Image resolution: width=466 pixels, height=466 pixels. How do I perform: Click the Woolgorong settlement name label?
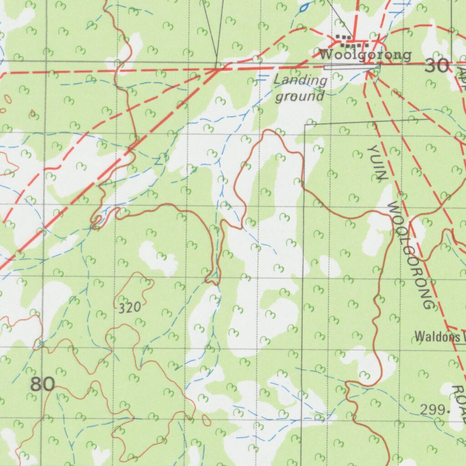point(365,55)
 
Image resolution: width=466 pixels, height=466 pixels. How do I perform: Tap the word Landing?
point(300,81)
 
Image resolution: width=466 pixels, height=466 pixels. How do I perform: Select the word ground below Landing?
point(300,96)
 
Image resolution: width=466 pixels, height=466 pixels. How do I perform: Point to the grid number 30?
point(436,67)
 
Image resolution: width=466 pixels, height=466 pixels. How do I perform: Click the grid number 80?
point(43,385)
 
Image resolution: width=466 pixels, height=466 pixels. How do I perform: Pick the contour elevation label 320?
point(130,308)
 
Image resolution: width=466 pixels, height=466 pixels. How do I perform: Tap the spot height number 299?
point(432,410)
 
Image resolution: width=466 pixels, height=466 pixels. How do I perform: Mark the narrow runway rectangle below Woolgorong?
point(351,67)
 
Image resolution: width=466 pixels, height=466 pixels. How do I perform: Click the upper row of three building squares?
point(343,37)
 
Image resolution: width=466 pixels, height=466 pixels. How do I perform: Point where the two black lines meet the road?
point(218,68)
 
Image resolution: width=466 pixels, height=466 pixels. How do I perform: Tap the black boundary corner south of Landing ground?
point(305,124)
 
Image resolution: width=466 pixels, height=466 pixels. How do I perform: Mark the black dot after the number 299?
point(449,411)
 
